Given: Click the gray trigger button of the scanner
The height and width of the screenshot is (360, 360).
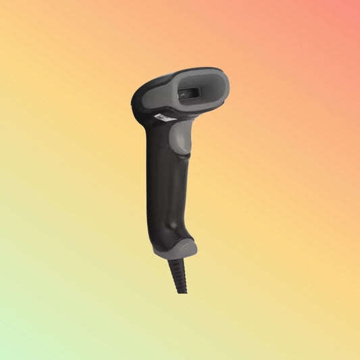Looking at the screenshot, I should click(x=179, y=138).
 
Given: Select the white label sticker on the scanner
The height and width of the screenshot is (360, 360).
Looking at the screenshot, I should click(x=163, y=118).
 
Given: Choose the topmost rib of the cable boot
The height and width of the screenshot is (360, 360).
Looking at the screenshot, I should click(x=177, y=261).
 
